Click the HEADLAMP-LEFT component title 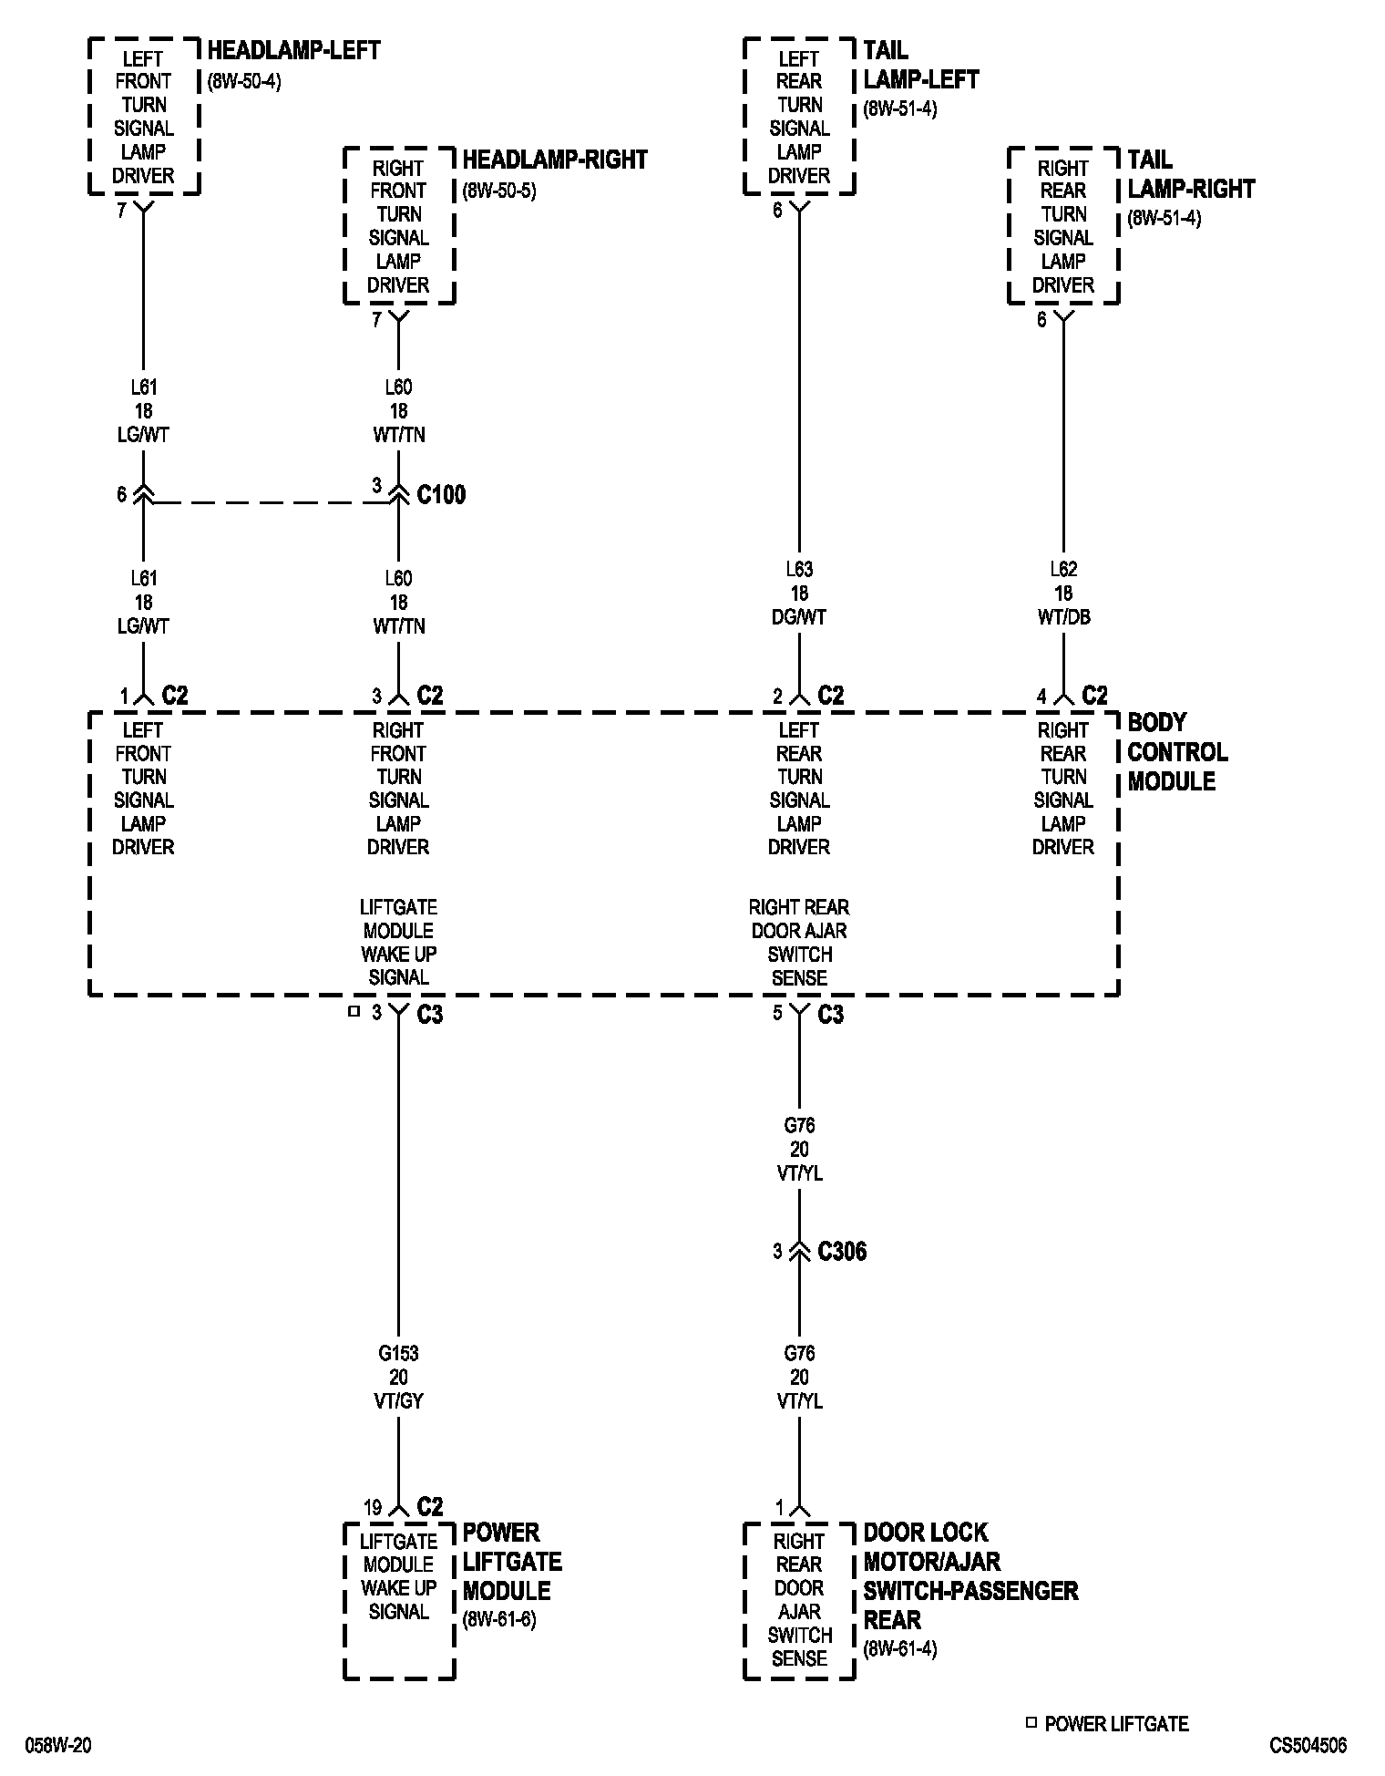(293, 50)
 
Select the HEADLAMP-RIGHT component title (554, 160)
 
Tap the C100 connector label (441, 495)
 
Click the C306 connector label (842, 1252)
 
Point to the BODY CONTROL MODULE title (1177, 752)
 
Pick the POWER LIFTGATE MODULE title (512, 1562)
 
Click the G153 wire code (398, 1354)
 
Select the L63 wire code (799, 569)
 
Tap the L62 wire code (1063, 569)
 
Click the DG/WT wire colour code (799, 617)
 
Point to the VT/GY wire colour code (398, 1401)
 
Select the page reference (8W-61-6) (499, 1620)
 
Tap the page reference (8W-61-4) (900, 1648)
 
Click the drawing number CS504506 (1308, 1746)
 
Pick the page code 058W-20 (58, 1746)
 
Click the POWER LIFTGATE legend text (1116, 1724)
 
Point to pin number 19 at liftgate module (373, 1508)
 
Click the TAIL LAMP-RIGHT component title (1191, 174)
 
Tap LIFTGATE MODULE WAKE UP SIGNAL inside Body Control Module (398, 943)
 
